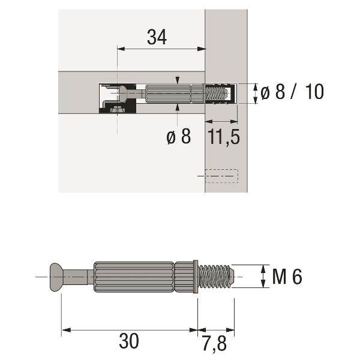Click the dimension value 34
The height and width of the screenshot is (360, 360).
coord(157,37)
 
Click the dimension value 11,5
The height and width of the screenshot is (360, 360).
coord(224,137)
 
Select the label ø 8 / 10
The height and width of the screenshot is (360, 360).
coord(292,92)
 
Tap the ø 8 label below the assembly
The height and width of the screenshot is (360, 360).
coord(178,137)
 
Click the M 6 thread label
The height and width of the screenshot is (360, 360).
coord(287,277)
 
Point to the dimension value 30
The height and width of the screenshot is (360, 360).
coord(128,341)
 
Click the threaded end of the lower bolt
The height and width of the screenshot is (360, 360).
coord(215,277)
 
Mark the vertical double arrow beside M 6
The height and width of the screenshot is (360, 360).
coord(262,277)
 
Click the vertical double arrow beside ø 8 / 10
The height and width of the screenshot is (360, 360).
coord(254,92)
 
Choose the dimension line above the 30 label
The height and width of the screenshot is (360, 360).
coord(128,329)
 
